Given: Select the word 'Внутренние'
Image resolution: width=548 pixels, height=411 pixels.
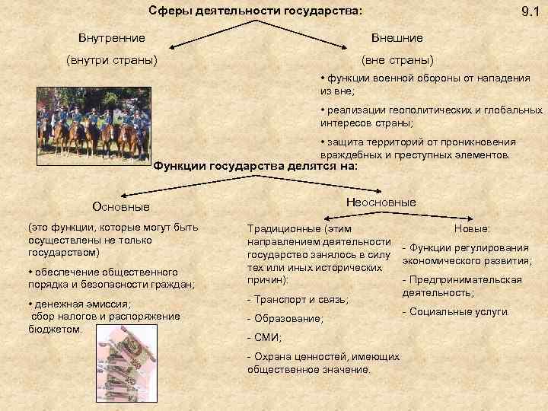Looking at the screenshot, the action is tap(112, 37).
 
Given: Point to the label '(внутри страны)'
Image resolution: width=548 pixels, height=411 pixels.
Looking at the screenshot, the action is tap(112, 59).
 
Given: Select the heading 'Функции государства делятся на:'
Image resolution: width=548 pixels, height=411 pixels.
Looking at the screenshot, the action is tap(256, 166).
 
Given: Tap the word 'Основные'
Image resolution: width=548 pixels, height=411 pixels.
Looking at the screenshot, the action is tap(120, 206).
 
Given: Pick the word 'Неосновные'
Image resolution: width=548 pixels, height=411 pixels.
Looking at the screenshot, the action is tap(381, 202).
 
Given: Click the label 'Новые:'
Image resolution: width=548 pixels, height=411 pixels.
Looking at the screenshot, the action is tap(472, 228).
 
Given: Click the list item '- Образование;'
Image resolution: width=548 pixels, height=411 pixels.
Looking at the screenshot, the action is tap(285, 319).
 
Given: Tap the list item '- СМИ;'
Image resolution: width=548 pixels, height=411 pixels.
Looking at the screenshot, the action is tap(264, 337).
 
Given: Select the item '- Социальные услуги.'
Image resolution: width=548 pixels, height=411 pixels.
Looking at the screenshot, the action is tap(457, 311).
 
